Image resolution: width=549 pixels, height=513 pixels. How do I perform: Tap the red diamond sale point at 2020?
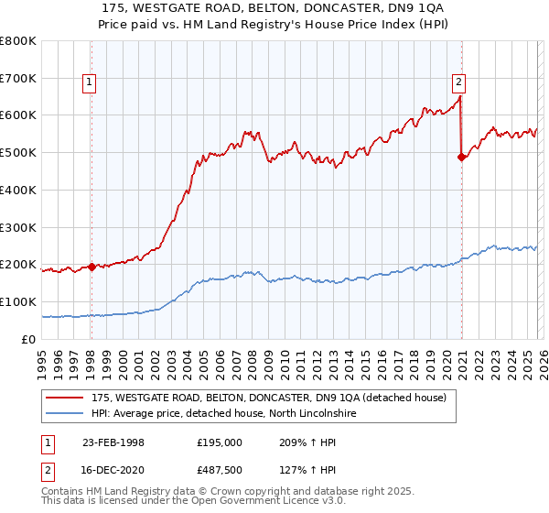coord(461,157)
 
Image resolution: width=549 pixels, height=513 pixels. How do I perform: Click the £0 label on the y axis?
coord(27,339)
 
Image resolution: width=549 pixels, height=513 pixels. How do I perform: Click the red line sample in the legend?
coord(65,398)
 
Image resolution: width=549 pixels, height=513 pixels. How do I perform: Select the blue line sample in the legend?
coord(65,414)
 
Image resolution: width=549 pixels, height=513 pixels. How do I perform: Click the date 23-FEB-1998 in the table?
coord(113,442)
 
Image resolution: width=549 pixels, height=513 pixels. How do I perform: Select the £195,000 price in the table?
coord(219,442)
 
